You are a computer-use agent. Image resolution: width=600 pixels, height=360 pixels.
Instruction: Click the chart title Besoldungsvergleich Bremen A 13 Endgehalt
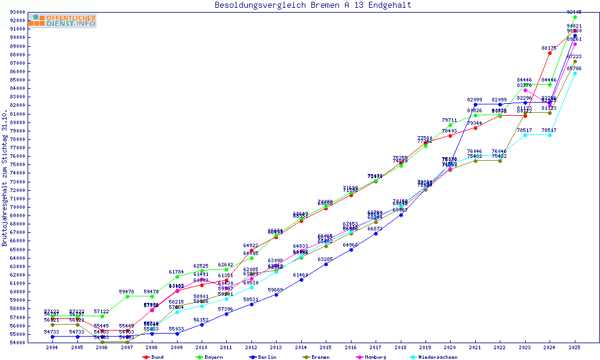click(x=313, y=5)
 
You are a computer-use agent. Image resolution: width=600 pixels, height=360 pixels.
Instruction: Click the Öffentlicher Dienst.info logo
click(x=62, y=20)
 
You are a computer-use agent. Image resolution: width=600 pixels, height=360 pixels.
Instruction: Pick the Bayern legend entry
click(x=210, y=357)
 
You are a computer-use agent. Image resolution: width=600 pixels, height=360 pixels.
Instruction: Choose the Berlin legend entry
click(x=263, y=357)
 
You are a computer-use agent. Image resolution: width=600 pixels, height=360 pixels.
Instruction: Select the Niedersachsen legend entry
click(x=435, y=357)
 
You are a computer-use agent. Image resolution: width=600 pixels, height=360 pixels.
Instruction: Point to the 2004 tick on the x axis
click(x=52, y=347)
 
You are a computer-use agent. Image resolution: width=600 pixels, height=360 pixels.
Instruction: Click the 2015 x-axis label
click(x=326, y=347)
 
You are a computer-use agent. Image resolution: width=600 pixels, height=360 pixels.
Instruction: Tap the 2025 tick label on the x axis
click(x=575, y=347)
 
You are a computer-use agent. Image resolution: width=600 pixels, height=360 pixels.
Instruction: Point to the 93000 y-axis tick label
click(x=17, y=12)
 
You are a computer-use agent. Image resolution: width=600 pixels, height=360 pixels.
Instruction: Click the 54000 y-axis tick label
click(x=17, y=343)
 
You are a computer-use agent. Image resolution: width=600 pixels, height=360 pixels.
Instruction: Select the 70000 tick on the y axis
click(x=17, y=207)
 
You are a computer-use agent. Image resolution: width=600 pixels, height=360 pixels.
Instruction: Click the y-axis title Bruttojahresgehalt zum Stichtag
click(x=5, y=178)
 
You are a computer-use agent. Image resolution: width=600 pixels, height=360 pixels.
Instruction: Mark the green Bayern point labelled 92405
click(x=575, y=17)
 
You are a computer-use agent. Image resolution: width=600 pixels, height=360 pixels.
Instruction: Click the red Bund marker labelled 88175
click(x=550, y=53)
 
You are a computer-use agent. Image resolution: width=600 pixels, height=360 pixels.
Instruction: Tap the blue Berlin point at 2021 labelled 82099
click(x=475, y=104)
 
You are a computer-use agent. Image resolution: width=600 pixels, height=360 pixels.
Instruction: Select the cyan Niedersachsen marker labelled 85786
click(x=575, y=73)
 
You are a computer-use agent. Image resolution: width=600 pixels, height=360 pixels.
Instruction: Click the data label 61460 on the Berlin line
click(x=301, y=275)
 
